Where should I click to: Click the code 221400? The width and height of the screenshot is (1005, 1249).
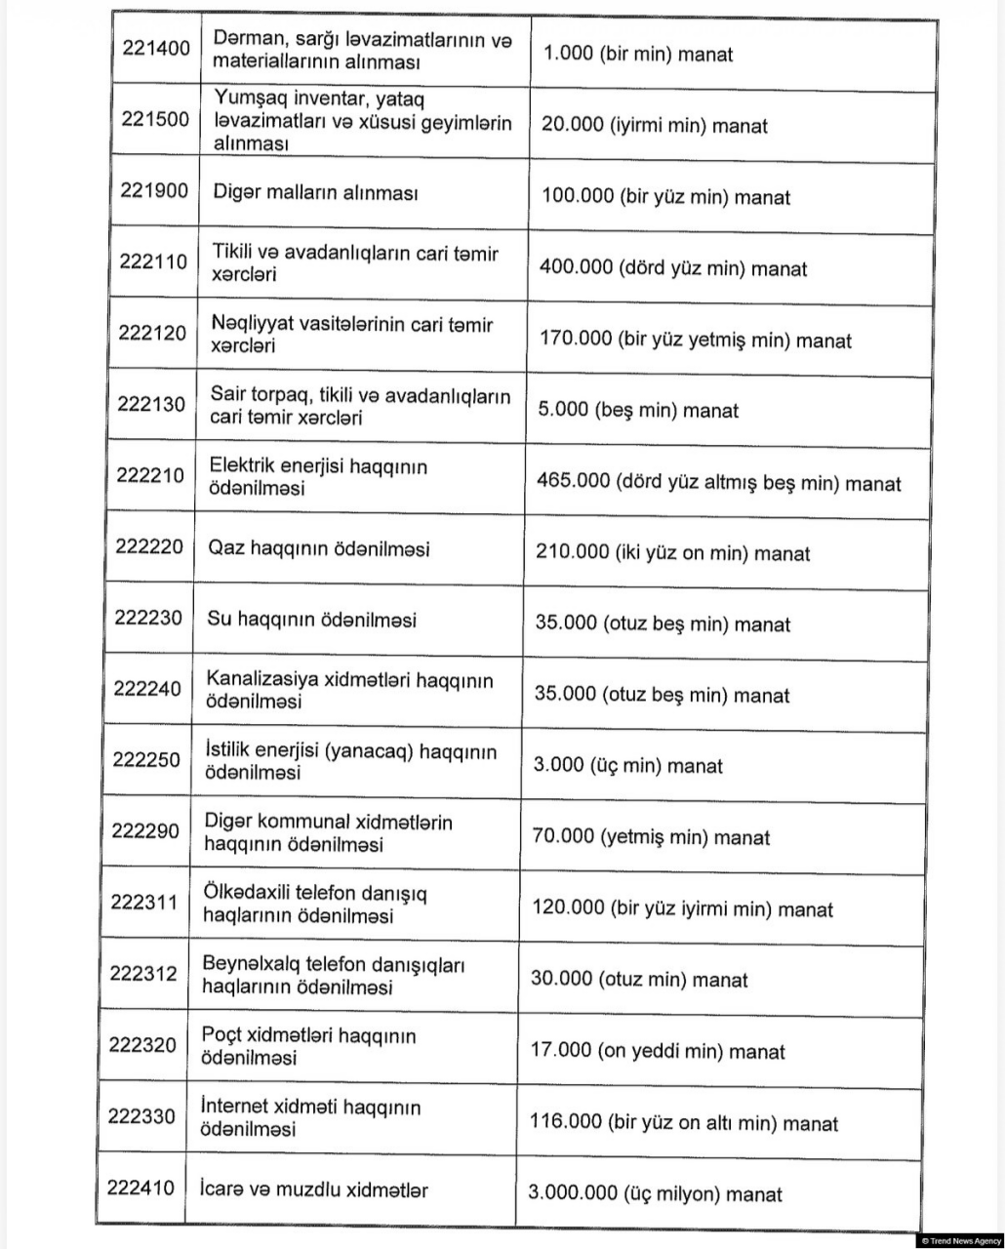(x=156, y=48)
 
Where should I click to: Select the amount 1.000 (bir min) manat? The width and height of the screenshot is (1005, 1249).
(x=637, y=54)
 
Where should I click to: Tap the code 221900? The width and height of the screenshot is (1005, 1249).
(x=154, y=190)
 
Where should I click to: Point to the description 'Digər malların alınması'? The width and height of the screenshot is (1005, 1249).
(x=315, y=192)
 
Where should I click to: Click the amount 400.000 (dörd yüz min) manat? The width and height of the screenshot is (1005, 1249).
(x=672, y=268)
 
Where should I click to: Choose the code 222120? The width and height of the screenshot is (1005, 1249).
(x=152, y=333)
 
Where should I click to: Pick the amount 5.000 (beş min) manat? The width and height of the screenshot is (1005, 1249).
(x=638, y=411)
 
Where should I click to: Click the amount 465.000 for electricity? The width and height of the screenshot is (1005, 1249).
(x=718, y=482)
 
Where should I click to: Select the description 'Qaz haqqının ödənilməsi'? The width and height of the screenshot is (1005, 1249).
(x=318, y=548)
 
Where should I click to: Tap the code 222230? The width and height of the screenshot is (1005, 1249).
(x=148, y=618)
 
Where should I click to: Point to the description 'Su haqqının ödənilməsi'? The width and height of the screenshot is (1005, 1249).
(x=311, y=620)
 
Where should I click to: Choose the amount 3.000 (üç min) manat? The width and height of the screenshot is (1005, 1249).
(x=627, y=766)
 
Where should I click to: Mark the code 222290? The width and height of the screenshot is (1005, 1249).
(x=145, y=830)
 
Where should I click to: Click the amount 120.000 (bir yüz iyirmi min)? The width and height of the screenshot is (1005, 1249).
(x=682, y=908)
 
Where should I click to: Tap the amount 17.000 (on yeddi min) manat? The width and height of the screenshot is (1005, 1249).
(x=657, y=1051)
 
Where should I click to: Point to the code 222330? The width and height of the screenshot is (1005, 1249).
(x=142, y=1116)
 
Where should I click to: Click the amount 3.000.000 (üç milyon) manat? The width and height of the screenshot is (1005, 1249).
(x=655, y=1193)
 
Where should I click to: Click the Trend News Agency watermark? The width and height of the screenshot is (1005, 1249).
(x=960, y=1240)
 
